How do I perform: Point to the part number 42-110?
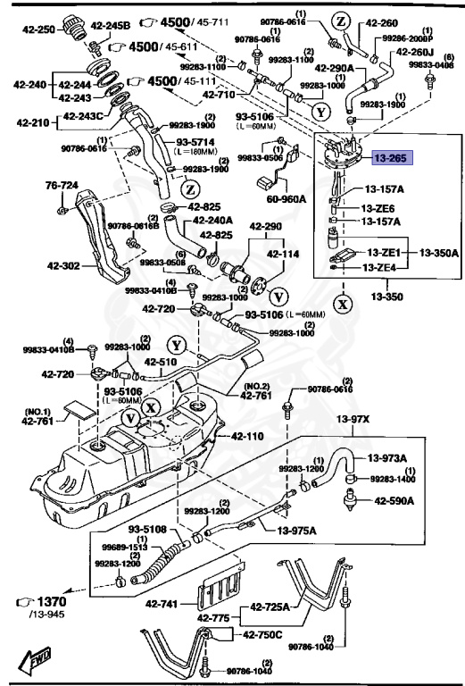click(x=248, y=437)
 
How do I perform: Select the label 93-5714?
click(x=195, y=142)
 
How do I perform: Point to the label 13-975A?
click(x=296, y=531)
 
